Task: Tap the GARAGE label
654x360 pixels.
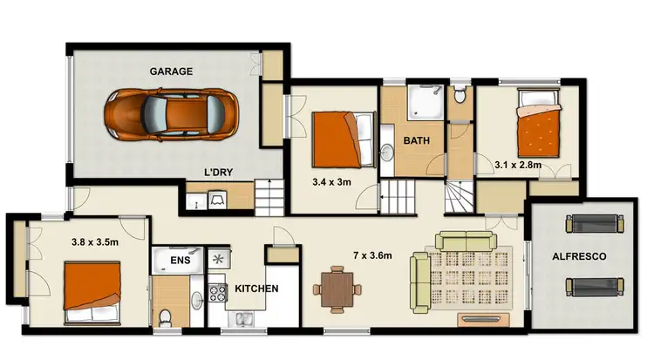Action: (171, 71)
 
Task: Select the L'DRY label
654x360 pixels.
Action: (218, 173)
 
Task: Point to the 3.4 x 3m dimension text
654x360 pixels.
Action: (331, 183)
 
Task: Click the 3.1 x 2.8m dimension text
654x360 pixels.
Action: (518, 163)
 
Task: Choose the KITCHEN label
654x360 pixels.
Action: (256, 289)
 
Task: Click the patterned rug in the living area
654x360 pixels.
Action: (468, 270)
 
